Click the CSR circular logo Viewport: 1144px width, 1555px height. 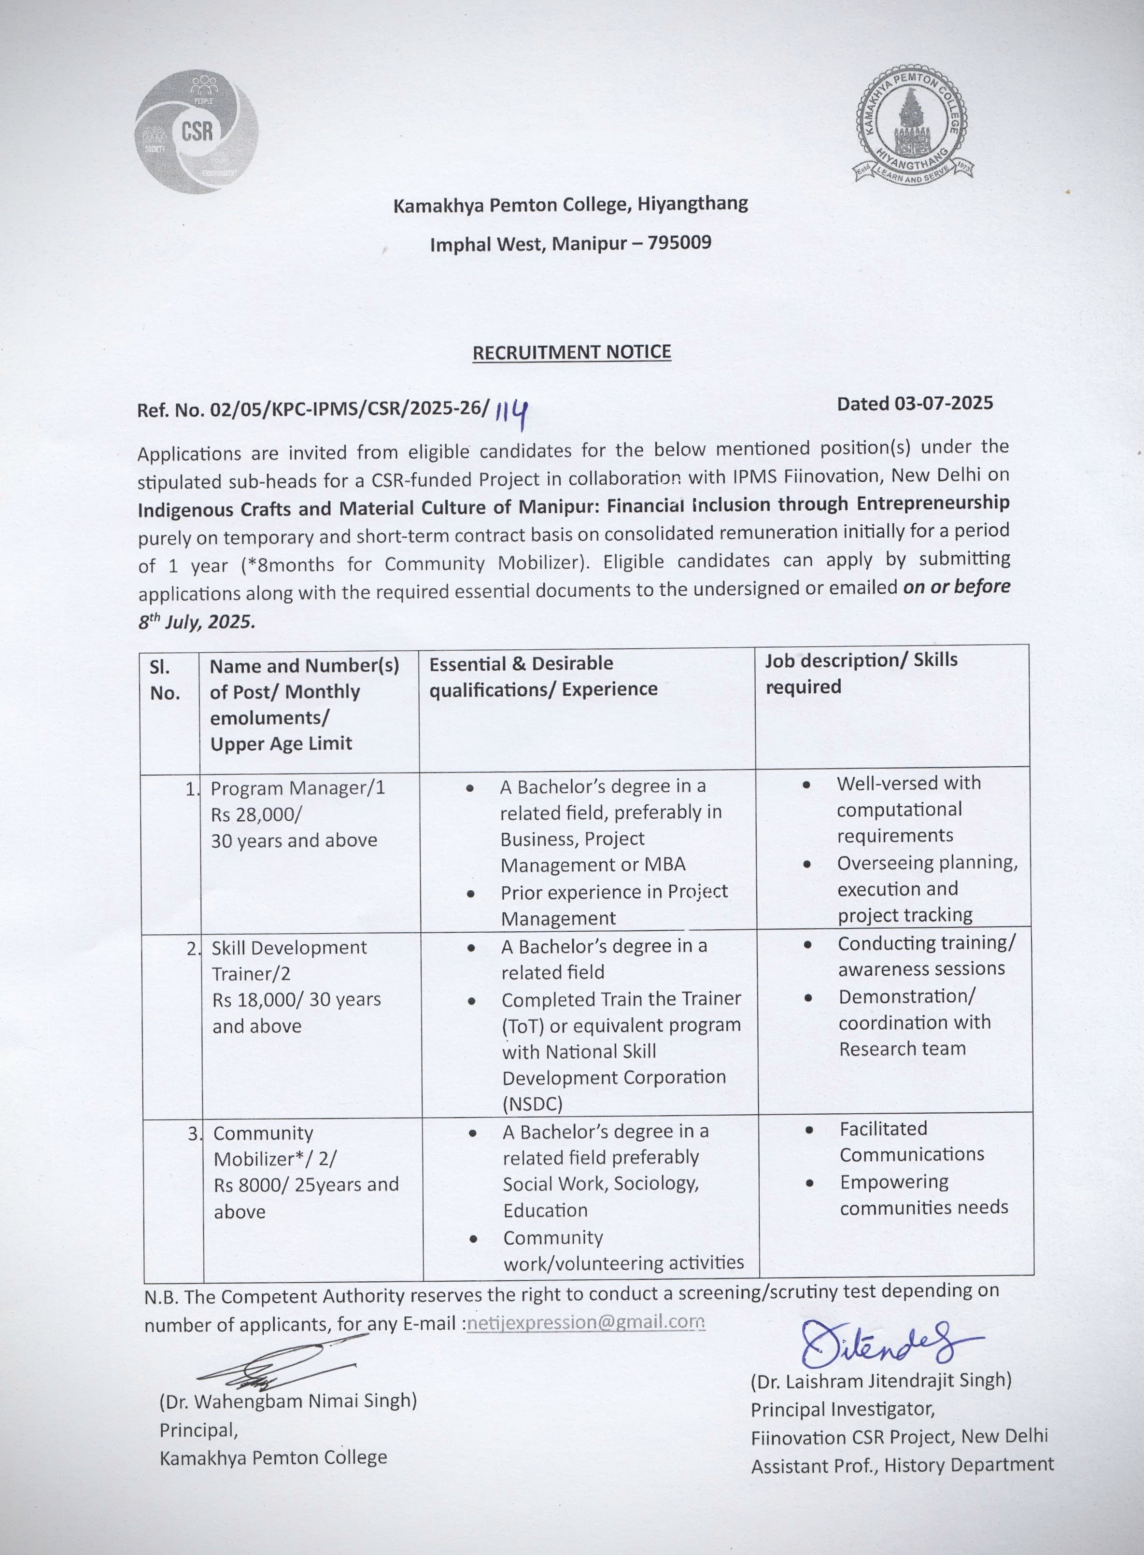196,131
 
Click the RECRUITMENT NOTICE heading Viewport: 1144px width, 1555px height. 571,352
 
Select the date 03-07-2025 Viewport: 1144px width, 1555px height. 943,403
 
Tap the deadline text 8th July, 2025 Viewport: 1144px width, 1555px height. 197,621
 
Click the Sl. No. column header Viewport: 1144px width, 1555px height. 165,680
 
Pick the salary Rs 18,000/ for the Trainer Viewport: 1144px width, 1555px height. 257,1000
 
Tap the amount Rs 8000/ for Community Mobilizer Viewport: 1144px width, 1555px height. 251,1185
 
